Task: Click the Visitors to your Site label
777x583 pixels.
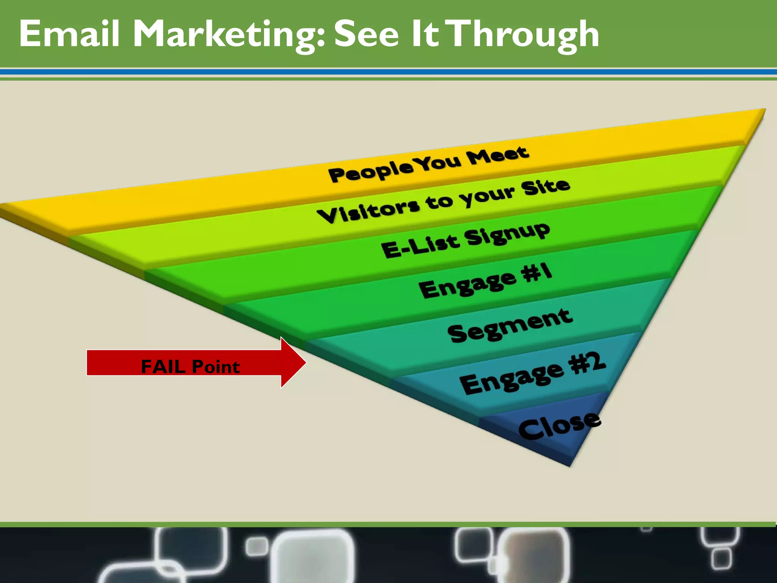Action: (443, 202)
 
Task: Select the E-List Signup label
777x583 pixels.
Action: (465, 240)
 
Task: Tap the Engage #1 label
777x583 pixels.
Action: (485, 281)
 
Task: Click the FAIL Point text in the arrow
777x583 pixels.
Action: (190, 367)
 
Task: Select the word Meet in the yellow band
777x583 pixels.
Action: (497, 155)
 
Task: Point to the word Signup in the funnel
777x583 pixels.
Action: (507, 234)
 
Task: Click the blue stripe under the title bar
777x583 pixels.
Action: (388, 72)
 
